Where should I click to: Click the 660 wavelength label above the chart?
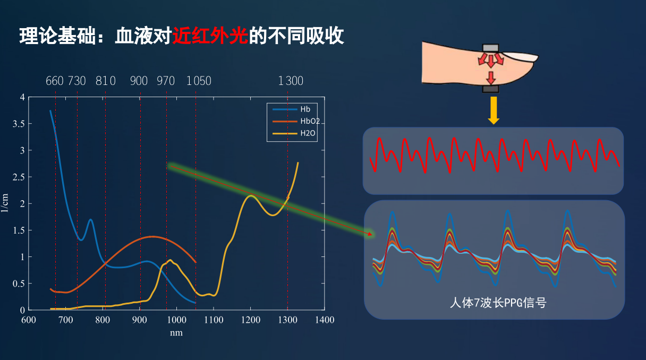tap(55, 81)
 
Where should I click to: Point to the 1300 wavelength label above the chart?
tap(291, 81)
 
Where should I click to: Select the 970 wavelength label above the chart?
tap(166, 81)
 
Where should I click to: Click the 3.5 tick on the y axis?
tap(19, 124)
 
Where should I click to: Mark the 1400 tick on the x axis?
tap(325, 320)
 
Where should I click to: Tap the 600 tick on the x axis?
tap(29, 320)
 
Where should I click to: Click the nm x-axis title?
tap(176, 333)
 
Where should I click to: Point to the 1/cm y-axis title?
tap(5, 203)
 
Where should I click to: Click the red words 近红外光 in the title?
tap(210, 36)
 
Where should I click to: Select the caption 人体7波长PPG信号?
tap(498, 303)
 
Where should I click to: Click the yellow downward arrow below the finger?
tap(494, 110)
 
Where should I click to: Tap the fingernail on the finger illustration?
tap(521, 56)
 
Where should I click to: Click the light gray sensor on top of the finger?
tap(490, 48)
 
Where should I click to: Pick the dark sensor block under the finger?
tap(490, 89)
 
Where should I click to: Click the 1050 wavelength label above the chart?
tap(199, 81)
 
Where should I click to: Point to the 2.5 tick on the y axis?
tap(19, 177)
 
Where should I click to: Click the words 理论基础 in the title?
tap(57, 36)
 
